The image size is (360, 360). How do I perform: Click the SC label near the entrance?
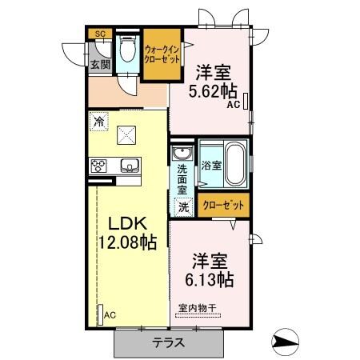click(99, 34)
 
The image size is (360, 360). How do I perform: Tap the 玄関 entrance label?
click(99, 65)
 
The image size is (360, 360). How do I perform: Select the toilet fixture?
click(126, 50)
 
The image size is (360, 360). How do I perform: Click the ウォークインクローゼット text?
click(162, 54)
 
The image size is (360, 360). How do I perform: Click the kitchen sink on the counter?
click(130, 166)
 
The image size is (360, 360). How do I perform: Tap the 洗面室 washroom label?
click(182, 180)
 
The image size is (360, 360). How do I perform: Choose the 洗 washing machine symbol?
click(182, 206)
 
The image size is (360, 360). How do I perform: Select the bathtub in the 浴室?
click(234, 164)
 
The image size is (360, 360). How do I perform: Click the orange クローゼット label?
click(223, 206)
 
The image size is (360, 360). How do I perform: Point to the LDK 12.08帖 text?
click(126, 232)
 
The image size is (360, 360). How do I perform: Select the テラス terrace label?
click(169, 342)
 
